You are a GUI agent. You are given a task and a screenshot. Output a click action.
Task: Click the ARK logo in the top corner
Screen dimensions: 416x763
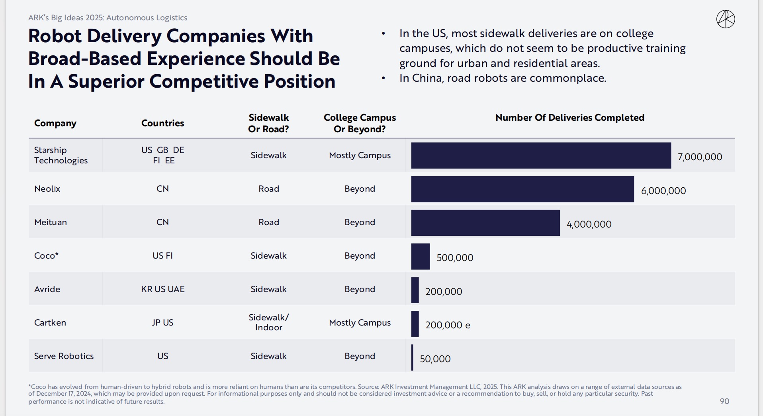point(726,20)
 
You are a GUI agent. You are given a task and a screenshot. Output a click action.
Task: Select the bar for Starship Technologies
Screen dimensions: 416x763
point(541,155)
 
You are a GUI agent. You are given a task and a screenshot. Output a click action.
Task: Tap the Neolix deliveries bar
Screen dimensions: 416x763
point(522,189)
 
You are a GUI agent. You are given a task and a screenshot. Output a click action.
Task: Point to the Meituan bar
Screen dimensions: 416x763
point(485,223)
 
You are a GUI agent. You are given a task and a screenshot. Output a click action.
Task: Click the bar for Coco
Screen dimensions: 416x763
point(421,257)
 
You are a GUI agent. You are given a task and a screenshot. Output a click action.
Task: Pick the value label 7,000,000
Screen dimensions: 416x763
point(700,157)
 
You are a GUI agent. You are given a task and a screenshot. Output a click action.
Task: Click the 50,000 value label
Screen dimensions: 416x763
point(435,359)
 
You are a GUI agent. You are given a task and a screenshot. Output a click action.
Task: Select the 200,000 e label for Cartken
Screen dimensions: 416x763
point(448,325)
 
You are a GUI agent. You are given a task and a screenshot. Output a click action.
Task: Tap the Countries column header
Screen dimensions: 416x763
point(162,123)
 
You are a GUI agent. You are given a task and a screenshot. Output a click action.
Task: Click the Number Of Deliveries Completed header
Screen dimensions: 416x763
point(569,118)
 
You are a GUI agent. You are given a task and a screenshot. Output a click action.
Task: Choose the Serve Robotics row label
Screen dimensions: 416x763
point(64,356)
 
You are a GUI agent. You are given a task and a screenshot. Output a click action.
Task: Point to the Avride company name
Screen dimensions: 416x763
point(47,289)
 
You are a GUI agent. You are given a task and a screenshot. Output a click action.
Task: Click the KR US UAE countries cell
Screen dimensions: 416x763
point(162,289)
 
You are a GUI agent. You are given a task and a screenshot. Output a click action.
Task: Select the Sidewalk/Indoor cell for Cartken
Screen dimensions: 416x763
point(268,322)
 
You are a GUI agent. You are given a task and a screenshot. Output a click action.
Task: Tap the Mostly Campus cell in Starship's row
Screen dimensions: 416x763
point(360,155)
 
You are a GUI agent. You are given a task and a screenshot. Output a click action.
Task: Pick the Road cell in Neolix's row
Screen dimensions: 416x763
point(268,189)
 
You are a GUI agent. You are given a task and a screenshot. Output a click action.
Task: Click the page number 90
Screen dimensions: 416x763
point(724,401)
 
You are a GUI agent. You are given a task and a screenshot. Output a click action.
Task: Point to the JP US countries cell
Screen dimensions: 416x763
point(162,323)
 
